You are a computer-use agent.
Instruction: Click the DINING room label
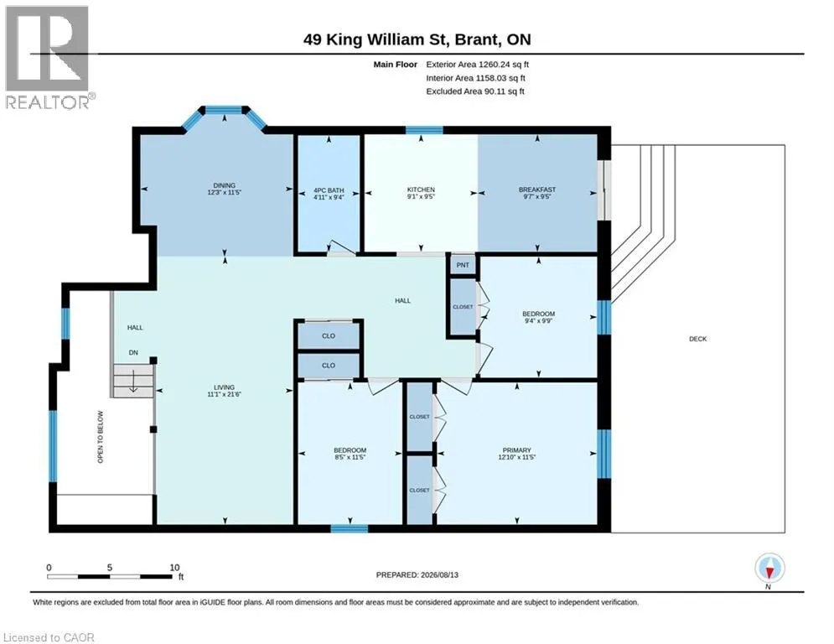pos(225,185)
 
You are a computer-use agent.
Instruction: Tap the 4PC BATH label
pos(329,190)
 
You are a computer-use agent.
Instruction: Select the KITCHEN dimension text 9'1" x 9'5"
pos(421,196)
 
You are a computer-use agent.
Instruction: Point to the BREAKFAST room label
pos(537,190)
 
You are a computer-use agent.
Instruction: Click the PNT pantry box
pos(463,264)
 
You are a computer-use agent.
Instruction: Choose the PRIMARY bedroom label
pos(516,450)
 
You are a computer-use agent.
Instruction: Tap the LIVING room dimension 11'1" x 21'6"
pos(224,394)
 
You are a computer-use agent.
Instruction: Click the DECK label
pos(698,339)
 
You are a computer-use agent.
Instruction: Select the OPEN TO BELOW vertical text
pos(101,436)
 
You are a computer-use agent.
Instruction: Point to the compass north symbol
pos(769,569)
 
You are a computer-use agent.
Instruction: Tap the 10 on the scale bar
pos(174,568)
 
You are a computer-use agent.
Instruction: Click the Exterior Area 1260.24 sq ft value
pos(477,65)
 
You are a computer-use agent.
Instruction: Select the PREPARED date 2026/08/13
pos(439,574)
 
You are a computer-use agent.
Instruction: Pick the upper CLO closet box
pos(329,336)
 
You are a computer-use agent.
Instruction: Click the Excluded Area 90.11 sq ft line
pos(475,91)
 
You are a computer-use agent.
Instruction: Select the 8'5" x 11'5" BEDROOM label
pos(350,454)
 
